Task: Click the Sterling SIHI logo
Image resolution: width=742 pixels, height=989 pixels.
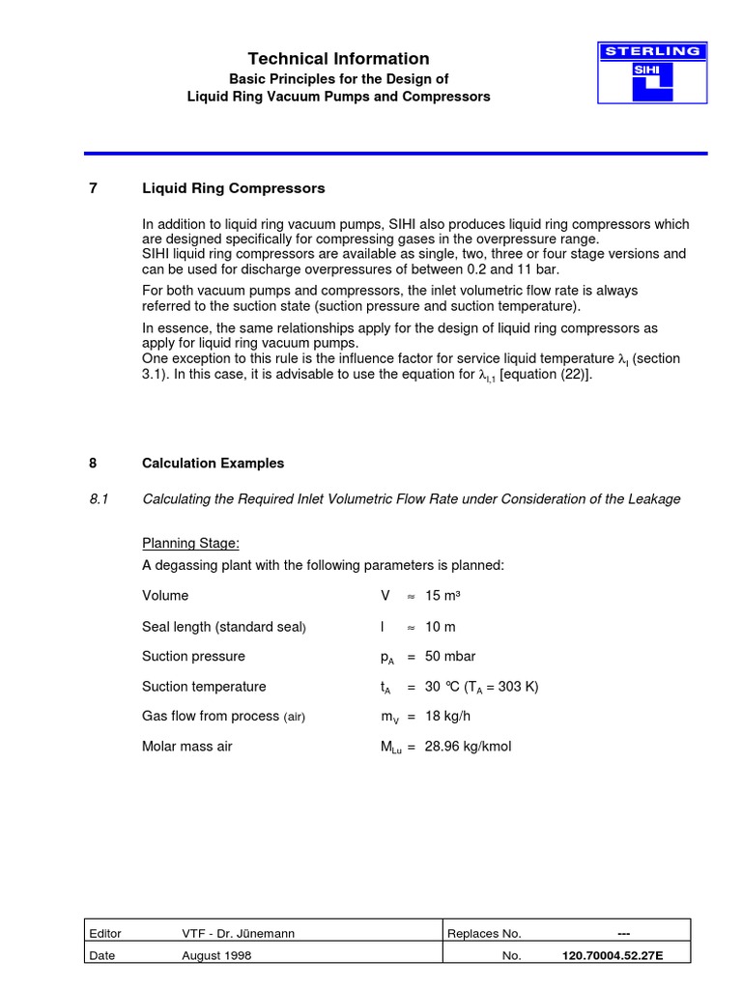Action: tap(652, 72)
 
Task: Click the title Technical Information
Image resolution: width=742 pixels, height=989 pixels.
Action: tap(338, 59)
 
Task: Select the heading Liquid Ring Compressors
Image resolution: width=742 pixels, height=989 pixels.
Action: tap(233, 188)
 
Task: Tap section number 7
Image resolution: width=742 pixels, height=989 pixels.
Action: tap(93, 188)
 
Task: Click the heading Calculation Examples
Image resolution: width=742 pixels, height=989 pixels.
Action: tap(213, 464)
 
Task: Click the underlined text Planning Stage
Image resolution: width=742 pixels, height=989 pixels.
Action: tap(190, 544)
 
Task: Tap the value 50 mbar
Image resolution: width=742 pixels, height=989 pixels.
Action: tap(450, 657)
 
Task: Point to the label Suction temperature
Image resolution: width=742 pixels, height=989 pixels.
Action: tap(204, 687)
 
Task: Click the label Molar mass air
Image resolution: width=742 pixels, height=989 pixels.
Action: tap(186, 747)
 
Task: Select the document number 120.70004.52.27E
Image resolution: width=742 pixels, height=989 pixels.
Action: tap(613, 956)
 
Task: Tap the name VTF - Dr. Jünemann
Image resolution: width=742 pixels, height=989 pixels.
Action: tap(239, 933)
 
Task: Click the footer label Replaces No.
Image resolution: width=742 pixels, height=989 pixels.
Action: tap(484, 933)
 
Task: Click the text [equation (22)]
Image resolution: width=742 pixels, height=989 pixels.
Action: tap(543, 376)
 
